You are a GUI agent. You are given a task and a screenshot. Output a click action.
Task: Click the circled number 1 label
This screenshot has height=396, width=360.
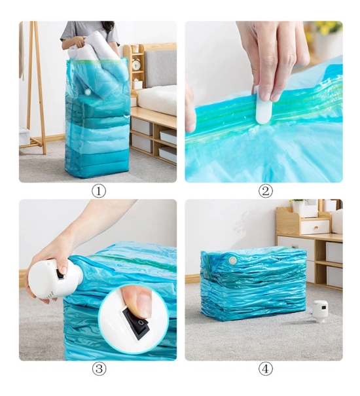point(99,191)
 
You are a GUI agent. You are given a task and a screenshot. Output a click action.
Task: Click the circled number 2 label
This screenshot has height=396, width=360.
point(266,191)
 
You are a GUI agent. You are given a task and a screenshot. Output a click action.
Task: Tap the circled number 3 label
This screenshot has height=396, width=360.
point(99,369)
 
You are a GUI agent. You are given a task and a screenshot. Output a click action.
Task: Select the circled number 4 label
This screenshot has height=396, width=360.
point(266,369)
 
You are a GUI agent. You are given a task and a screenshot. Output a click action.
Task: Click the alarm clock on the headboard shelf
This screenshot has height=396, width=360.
point(136,64)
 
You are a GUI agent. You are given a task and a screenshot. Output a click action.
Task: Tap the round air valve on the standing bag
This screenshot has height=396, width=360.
point(88,92)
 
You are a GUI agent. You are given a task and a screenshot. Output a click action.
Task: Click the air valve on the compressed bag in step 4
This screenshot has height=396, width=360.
point(232,260)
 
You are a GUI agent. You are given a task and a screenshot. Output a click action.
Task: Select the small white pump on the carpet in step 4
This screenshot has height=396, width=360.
point(320,311)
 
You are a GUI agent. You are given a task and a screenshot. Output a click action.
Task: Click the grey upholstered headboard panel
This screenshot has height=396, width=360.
point(160,69)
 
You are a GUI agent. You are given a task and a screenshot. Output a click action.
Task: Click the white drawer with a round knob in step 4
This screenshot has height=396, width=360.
point(315,226)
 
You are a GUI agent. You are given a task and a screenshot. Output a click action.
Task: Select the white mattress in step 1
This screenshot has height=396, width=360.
point(157,99)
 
